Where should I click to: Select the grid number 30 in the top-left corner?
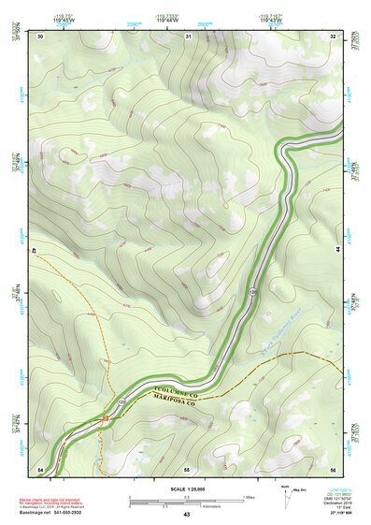pyautogui.click(x=40, y=36)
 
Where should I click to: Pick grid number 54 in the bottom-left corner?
pyautogui.click(x=40, y=468)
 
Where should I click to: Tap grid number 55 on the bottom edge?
pyautogui.click(x=187, y=468)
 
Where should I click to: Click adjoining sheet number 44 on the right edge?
pyautogui.click(x=337, y=251)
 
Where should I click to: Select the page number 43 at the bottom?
pyautogui.click(x=186, y=515)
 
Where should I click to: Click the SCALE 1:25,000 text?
pyautogui.click(x=186, y=489)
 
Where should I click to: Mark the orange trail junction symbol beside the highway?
pyautogui.click(x=106, y=416)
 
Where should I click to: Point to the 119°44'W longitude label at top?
pyautogui.click(x=188, y=19)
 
